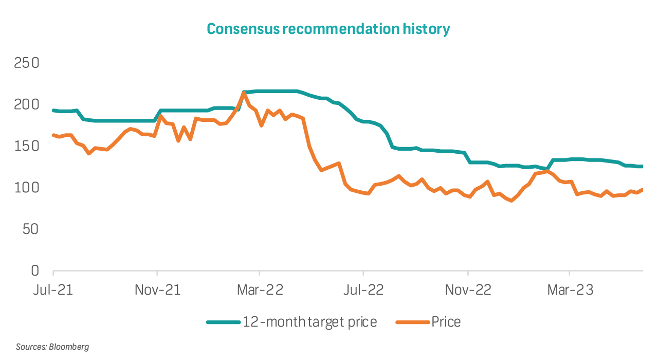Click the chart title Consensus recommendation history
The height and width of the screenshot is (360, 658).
point(328,29)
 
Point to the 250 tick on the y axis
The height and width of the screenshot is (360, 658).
point(27,63)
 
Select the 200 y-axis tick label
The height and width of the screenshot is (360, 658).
point(27,105)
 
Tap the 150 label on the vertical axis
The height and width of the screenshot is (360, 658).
point(27,147)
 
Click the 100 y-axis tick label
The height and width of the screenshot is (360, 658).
point(27,188)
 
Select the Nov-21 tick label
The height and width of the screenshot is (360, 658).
point(157,290)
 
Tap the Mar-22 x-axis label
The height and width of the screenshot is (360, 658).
point(260,290)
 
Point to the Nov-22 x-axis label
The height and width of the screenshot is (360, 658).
point(468,290)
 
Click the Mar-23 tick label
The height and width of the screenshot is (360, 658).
point(570,290)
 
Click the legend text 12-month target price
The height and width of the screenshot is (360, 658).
point(310,322)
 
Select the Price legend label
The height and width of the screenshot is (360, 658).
point(446,322)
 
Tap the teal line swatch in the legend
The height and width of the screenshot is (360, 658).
point(223,322)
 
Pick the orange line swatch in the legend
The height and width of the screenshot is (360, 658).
point(412,322)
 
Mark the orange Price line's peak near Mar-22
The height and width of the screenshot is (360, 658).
point(244,93)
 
